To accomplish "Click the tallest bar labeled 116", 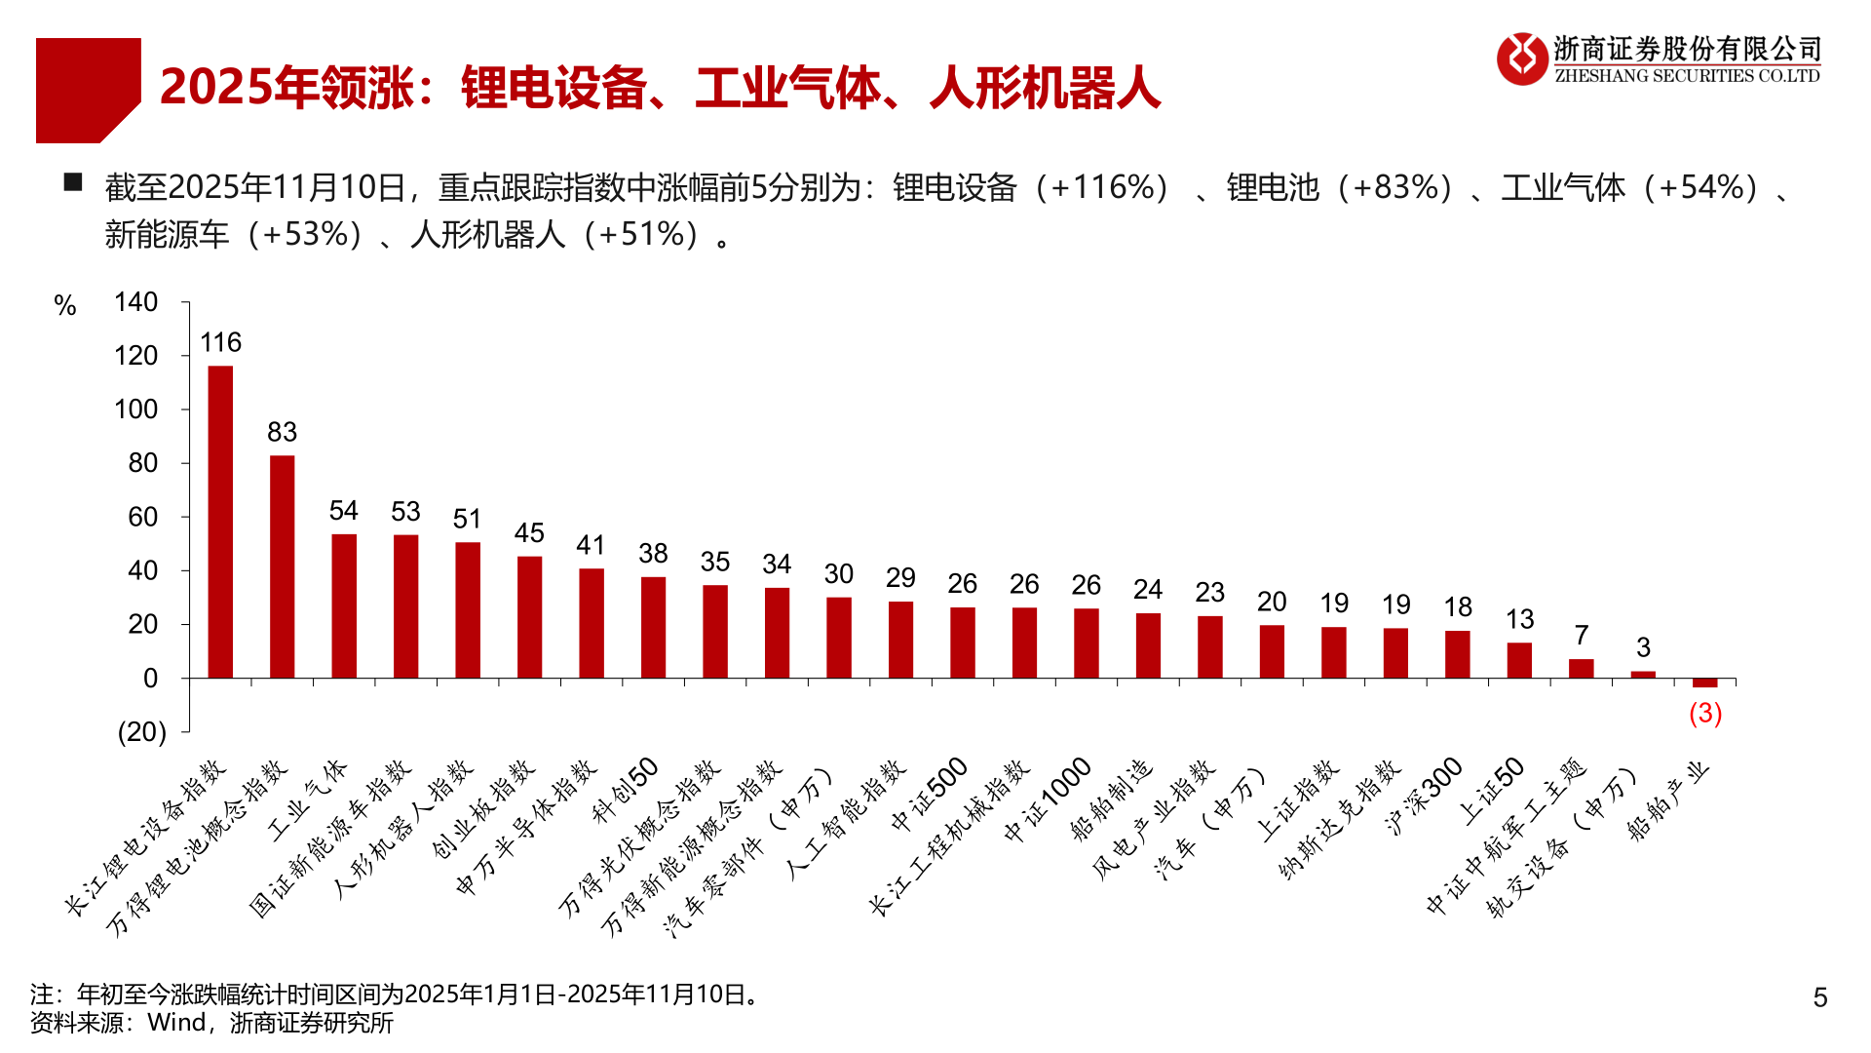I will click(x=221, y=522).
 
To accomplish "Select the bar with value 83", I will click(x=283, y=565).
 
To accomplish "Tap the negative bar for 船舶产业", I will click(x=1705, y=682).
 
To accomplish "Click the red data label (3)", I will click(x=1705, y=714).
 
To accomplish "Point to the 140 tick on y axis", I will click(x=135, y=302).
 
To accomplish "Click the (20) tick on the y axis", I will click(x=141, y=732).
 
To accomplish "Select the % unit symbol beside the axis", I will click(x=65, y=306).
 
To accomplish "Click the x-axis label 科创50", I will click(x=627, y=790).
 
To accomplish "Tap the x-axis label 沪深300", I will click(x=1425, y=796).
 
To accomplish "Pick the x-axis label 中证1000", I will click(x=1049, y=799).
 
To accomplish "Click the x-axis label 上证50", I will click(x=1492, y=790).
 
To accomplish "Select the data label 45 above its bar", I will click(x=529, y=533).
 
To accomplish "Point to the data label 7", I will click(x=1582, y=636).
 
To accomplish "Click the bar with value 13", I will click(x=1519, y=660).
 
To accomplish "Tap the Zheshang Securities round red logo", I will click(x=1522, y=58).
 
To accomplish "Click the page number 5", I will click(x=1819, y=997).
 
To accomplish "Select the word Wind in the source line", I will click(x=176, y=1023).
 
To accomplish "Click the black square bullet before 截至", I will click(x=73, y=182).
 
